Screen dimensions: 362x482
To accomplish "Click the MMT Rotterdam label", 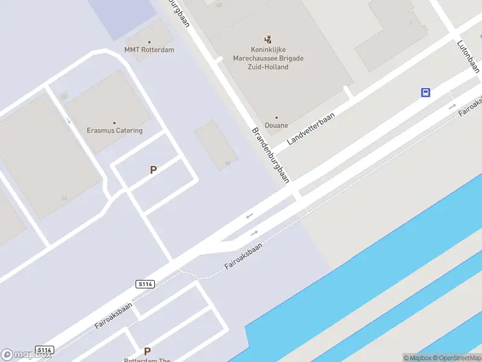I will (149, 50).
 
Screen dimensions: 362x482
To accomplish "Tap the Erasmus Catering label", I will (114, 130).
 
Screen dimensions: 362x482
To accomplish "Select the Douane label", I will (277, 125).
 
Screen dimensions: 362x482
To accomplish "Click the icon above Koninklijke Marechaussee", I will (269, 39).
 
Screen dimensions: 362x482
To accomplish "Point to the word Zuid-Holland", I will (269, 67).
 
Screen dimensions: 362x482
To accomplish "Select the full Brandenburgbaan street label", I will (271, 154).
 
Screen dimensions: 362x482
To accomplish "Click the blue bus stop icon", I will (425, 92).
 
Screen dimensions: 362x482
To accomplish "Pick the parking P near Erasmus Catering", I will (153, 170).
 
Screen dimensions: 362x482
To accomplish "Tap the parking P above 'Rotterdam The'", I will (147, 351).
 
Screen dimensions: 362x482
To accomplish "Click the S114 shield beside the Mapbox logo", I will (45, 350).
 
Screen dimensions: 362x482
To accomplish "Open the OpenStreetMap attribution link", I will (457, 358).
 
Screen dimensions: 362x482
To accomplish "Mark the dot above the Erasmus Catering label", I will (114, 122).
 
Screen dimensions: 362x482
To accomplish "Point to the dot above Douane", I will (277, 118).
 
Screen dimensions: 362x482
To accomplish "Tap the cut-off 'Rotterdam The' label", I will (147, 360).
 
